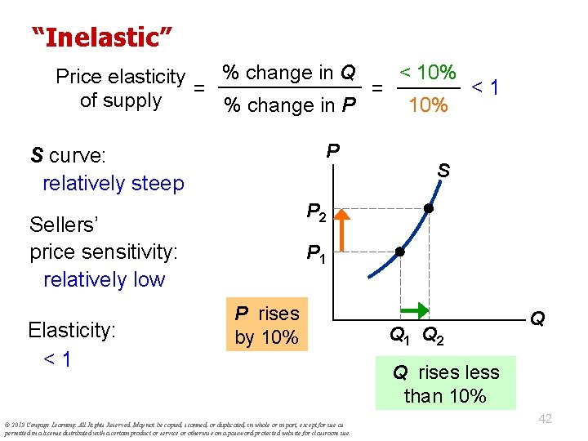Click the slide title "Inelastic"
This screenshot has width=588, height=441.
pyautogui.click(x=101, y=37)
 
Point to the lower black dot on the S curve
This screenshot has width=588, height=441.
pyautogui.click(x=399, y=252)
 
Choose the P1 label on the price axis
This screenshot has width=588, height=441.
pyautogui.click(x=317, y=255)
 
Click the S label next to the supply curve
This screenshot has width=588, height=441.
pyautogui.click(x=443, y=171)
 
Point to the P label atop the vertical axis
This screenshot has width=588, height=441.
pyautogui.click(x=332, y=151)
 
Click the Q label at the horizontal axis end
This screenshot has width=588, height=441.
pyautogui.click(x=538, y=318)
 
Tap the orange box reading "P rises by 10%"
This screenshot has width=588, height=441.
pyautogui.click(x=267, y=325)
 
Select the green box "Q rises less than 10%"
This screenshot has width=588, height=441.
pyautogui.click(x=445, y=384)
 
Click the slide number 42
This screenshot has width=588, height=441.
pyautogui.click(x=545, y=418)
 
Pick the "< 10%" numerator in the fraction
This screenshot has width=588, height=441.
pyautogui.click(x=427, y=72)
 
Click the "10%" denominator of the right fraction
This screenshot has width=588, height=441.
pyautogui.click(x=428, y=105)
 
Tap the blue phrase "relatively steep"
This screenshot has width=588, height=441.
pyautogui.click(x=114, y=183)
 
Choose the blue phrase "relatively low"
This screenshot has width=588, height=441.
pyautogui.click(x=104, y=279)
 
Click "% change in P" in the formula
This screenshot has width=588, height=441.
pyautogui.click(x=290, y=105)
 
